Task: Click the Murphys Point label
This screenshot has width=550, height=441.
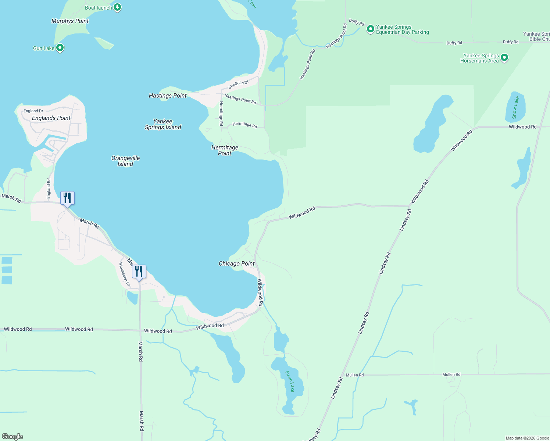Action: (x=70, y=21)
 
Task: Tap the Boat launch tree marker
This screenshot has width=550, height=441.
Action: (x=117, y=7)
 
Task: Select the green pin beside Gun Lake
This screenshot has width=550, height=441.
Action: (x=60, y=48)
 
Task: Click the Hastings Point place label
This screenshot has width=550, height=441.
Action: (x=168, y=96)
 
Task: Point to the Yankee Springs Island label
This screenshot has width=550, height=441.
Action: (x=163, y=124)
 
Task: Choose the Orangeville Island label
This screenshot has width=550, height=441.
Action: (x=125, y=161)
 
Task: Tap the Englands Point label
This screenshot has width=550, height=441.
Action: (x=51, y=118)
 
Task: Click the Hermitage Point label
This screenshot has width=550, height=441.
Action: (x=225, y=150)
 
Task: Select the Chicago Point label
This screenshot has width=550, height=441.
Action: (x=236, y=263)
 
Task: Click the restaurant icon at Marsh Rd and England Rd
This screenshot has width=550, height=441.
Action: (x=67, y=198)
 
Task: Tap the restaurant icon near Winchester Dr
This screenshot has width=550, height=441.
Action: (x=139, y=272)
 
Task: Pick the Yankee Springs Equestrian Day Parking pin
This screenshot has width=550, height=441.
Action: (x=370, y=29)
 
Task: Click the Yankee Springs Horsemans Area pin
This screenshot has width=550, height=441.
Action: (x=504, y=57)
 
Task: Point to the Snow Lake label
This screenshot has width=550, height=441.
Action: (x=515, y=107)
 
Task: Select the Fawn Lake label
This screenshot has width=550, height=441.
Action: (x=290, y=381)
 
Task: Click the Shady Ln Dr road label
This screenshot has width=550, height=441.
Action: (x=238, y=85)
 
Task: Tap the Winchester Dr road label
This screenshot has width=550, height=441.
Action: (x=124, y=275)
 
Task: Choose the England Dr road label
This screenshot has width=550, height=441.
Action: (x=33, y=111)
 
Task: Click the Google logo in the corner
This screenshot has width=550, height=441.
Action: (x=12, y=437)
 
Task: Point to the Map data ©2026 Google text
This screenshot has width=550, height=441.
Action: (x=527, y=438)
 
